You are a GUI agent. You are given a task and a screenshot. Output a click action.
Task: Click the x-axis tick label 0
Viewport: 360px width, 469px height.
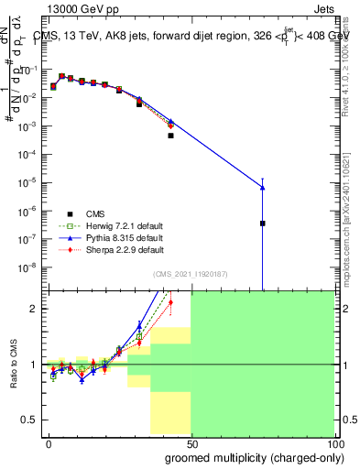[49, 443]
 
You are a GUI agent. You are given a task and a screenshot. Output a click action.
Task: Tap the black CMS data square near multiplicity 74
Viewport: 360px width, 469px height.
[263, 223]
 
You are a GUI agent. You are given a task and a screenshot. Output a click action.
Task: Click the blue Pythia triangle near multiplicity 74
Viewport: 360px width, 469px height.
[263, 188]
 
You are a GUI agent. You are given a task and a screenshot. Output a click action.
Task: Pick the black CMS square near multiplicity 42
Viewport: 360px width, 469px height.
[171, 136]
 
